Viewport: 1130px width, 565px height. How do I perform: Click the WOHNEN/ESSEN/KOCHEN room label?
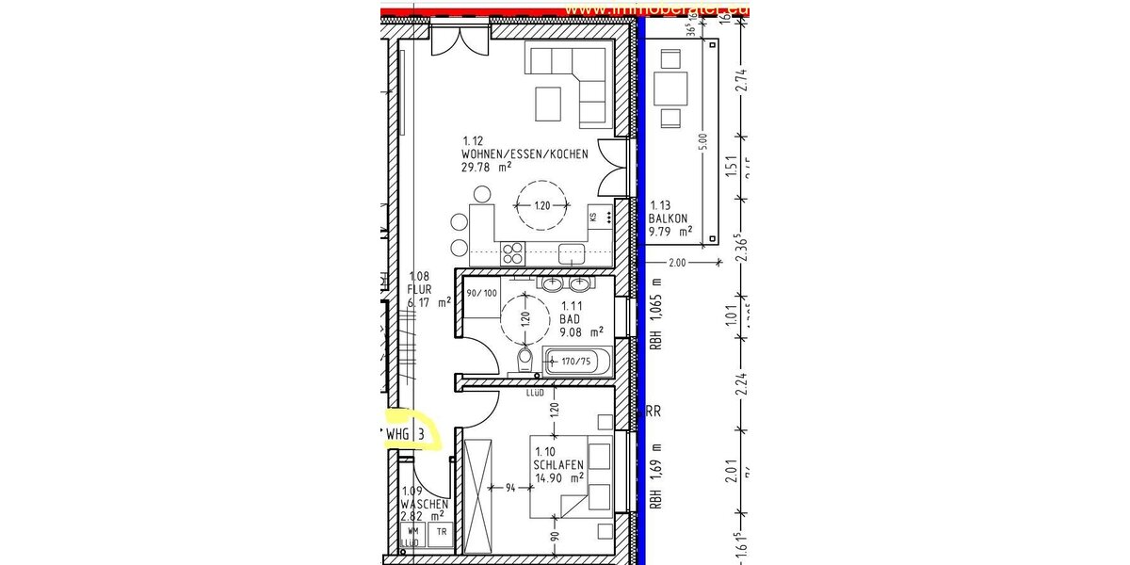525,153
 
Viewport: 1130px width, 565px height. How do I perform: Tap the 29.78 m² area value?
486,167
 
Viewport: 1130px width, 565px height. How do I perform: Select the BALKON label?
670,218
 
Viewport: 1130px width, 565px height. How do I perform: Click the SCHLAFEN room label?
558,465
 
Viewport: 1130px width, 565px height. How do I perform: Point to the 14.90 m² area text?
559,477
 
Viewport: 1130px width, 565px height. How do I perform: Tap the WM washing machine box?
412,533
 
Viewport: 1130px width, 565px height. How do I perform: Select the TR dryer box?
441,533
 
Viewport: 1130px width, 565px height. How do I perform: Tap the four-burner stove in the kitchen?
513,252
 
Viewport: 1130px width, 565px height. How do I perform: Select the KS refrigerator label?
593,218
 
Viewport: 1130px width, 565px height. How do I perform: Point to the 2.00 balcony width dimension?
676,262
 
